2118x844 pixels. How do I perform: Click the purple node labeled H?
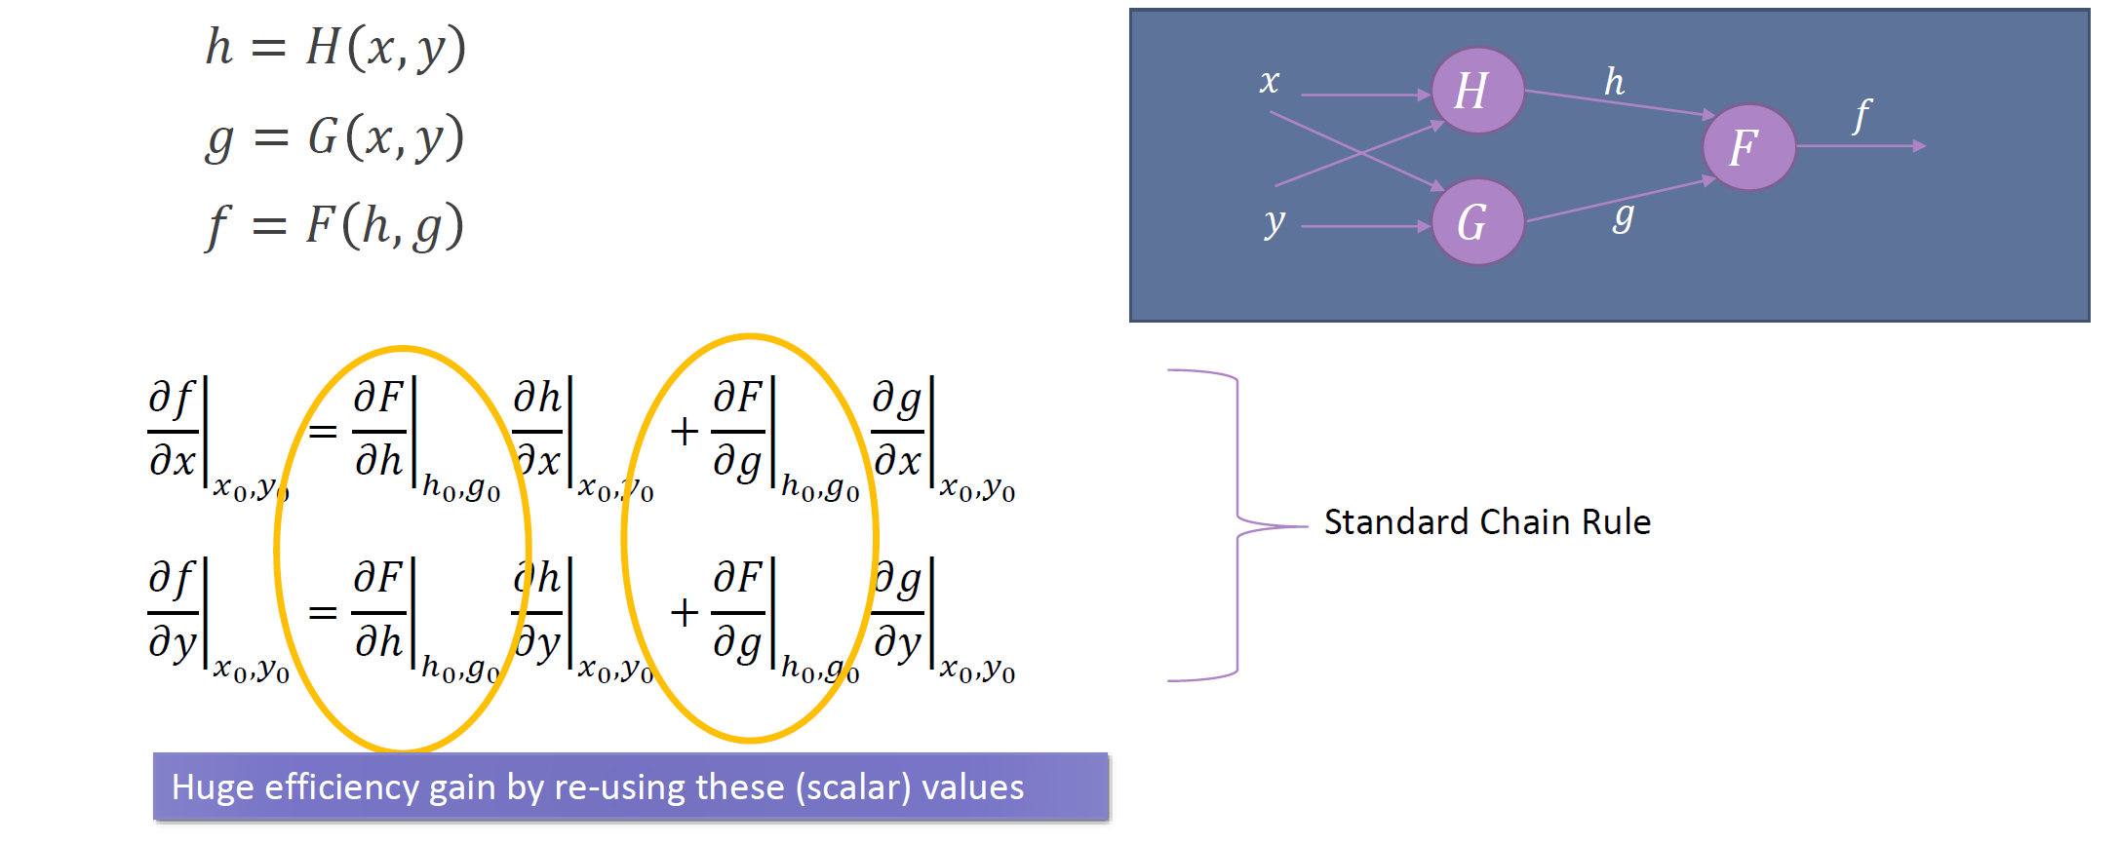[x=1476, y=91]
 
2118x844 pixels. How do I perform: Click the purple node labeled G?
[x=1476, y=222]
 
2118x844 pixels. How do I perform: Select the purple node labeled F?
[x=1748, y=147]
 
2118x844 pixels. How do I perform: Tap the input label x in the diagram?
[x=1269, y=81]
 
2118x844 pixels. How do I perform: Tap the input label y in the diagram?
[x=1274, y=221]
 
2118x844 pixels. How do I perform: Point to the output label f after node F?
[x=1862, y=115]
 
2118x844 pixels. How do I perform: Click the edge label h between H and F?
[x=1615, y=82]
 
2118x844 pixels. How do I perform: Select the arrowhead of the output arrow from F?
[x=1919, y=146]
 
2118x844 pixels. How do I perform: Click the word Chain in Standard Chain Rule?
[x=1525, y=522]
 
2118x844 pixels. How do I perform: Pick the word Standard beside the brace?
[x=1395, y=522]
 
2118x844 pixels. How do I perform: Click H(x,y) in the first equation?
[x=386, y=47]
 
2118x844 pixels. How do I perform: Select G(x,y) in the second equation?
[x=386, y=136]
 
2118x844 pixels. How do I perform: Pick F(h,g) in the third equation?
[x=384, y=226]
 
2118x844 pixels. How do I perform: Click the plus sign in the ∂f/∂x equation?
[x=685, y=431]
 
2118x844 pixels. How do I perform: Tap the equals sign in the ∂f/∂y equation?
[x=323, y=613]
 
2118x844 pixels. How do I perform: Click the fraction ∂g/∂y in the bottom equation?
[x=898, y=612]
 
